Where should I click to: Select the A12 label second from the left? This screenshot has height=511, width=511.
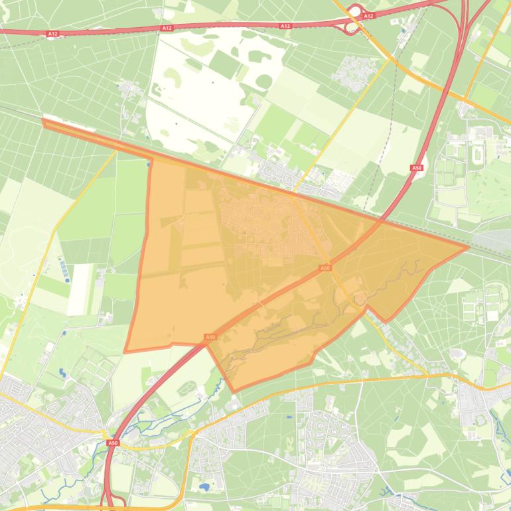pos(167,28)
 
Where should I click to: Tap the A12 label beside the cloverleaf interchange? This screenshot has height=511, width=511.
pos(369,15)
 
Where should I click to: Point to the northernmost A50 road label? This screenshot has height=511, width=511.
pos(417,169)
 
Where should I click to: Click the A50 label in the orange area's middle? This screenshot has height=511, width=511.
pos(325,267)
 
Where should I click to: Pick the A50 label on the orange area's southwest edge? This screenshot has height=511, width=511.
pos(210,338)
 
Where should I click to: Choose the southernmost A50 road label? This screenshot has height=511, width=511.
pos(113,442)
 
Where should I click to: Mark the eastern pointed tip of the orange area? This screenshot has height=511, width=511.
pos(468,248)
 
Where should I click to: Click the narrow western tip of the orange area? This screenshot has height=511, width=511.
pos(44,121)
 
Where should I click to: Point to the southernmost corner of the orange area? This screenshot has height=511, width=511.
pos(232,390)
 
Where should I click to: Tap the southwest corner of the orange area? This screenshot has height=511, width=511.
pos(125,351)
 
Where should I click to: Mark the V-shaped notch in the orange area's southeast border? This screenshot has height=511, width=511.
pos(366,307)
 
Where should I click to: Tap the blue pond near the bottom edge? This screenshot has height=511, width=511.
pos(204,486)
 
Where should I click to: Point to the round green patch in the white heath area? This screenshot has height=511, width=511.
pos(263,81)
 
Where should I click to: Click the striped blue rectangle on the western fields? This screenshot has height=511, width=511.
pos(63,269)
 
